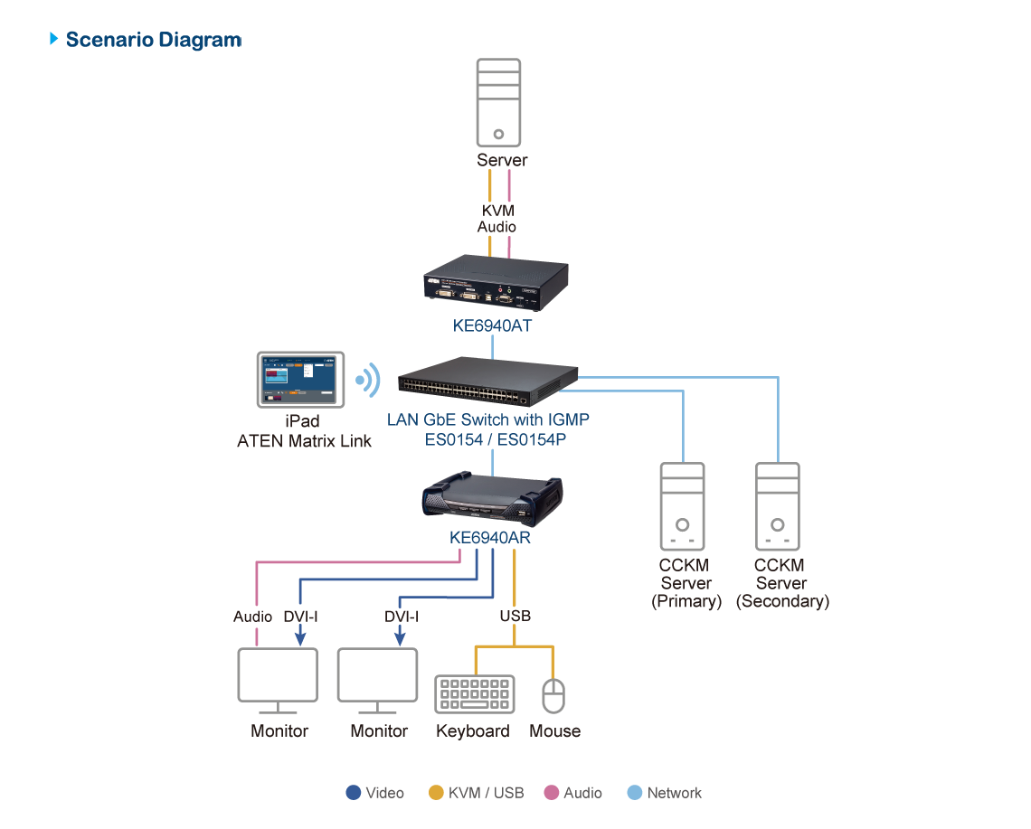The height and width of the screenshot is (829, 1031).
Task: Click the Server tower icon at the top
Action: pyautogui.click(x=498, y=102)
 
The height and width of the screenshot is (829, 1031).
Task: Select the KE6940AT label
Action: pyautogui.click(x=492, y=325)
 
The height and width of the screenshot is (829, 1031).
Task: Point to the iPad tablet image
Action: pyautogui.click(x=300, y=380)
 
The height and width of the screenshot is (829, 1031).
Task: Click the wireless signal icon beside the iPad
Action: pyautogui.click(x=367, y=381)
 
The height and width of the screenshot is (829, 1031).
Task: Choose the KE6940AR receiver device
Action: pyautogui.click(x=492, y=500)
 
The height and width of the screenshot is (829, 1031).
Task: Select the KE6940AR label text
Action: pyautogui.click(x=489, y=537)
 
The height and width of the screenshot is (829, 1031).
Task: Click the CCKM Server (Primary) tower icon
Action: pyautogui.click(x=684, y=506)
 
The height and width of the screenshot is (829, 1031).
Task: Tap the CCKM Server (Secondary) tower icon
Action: pyautogui.click(x=778, y=506)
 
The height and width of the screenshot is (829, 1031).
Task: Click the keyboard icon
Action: pyautogui.click(x=475, y=694)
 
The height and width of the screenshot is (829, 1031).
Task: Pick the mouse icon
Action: pyautogui.click(x=553, y=694)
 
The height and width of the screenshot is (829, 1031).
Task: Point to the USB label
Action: pyautogui.click(x=515, y=617)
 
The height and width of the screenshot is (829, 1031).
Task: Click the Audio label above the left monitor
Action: pyautogui.click(x=252, y=617)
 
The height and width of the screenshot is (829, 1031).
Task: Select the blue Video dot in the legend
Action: pyautogui.click(x=354, y=793)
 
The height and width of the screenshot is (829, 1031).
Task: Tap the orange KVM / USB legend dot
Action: pyautogui.click(x=436, y=793)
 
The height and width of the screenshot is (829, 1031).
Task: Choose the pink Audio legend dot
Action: pyautogui.click(x=552, y=793)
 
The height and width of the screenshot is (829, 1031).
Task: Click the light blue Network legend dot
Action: pyautogui.click(x=635, y=793)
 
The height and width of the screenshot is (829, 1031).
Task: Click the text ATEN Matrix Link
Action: pyautogui.click(x=304, y=441)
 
